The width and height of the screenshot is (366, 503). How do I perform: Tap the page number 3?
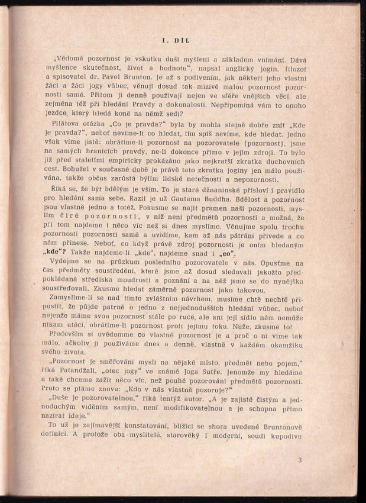tap(300, 459)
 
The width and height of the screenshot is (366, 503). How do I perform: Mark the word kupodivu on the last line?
tap(284, 437)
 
